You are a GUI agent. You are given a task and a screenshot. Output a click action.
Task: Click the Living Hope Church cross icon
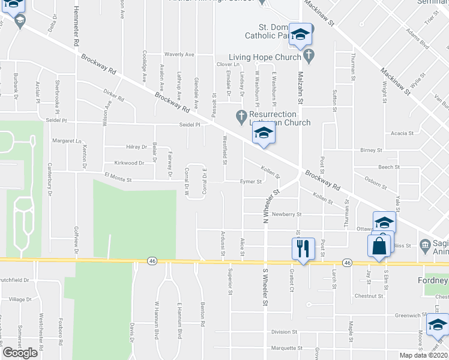[x=309, y=57]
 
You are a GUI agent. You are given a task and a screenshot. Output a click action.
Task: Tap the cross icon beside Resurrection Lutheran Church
[x=241, y=114]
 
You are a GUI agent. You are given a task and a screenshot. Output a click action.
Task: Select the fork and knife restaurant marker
[x=302, y=248]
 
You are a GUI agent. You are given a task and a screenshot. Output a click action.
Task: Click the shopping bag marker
[x=379, y=246]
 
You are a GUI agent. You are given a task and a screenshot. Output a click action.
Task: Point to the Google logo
[x=20, y=352]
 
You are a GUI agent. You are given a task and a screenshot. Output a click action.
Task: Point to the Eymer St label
[x=251, y=181]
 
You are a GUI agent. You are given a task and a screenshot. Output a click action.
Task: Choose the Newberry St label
[x=285, y=214]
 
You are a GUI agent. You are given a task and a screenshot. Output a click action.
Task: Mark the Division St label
[x=284, y=331]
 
